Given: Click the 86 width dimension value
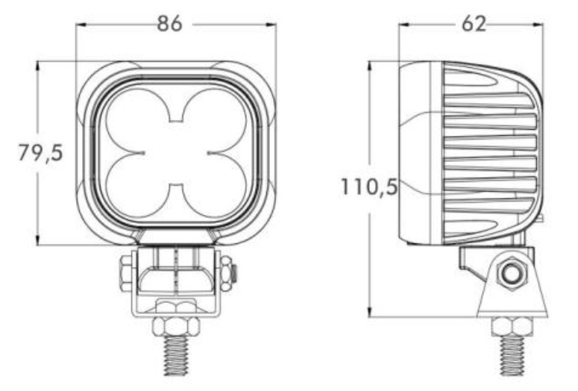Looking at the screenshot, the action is (x=169, y=24).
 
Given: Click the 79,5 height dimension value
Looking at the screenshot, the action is (x=41, y=153).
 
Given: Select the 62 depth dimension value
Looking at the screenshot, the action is (x=474, y=25).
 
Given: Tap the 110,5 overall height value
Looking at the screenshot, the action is (x=369, y=187).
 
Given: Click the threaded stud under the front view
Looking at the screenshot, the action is (x=176, y=355).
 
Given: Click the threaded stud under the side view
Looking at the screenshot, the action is (x=512, y=355).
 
